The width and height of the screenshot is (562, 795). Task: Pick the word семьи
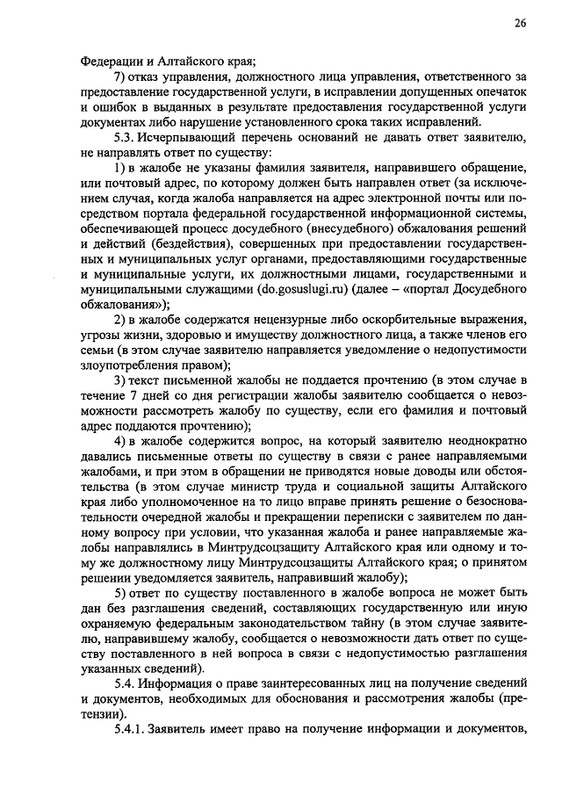pyautogui.click(x=98, y=351)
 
